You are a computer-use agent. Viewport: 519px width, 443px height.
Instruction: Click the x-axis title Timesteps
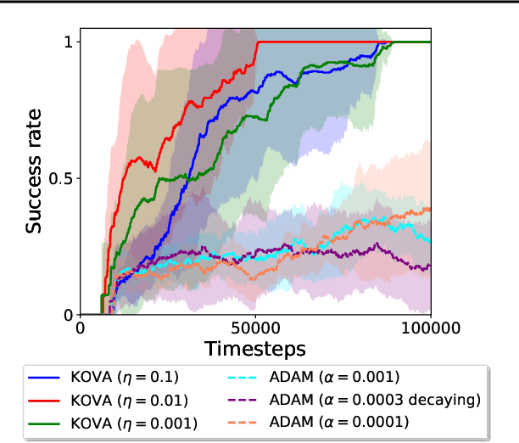point(255,348)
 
